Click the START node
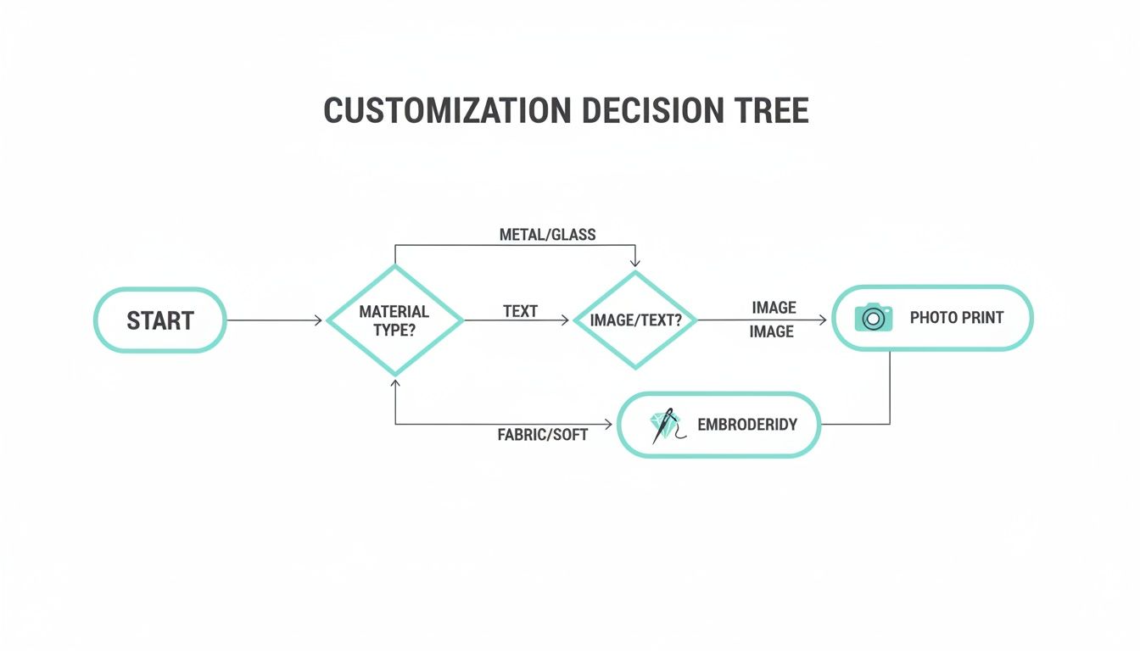159,320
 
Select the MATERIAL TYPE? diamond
394,320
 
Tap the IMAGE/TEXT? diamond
634,320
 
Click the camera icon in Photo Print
873,318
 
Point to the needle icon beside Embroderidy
665,425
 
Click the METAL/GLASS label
547,235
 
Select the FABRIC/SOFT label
542,435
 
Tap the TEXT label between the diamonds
520,311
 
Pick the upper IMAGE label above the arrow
774,307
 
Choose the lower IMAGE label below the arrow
771,331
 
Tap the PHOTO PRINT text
956,318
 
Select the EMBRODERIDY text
746,425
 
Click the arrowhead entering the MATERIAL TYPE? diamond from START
319,320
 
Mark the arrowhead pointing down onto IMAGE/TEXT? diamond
634,262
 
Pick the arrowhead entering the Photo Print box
823,320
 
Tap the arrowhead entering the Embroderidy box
608,424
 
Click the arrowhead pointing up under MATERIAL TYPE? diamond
395,383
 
